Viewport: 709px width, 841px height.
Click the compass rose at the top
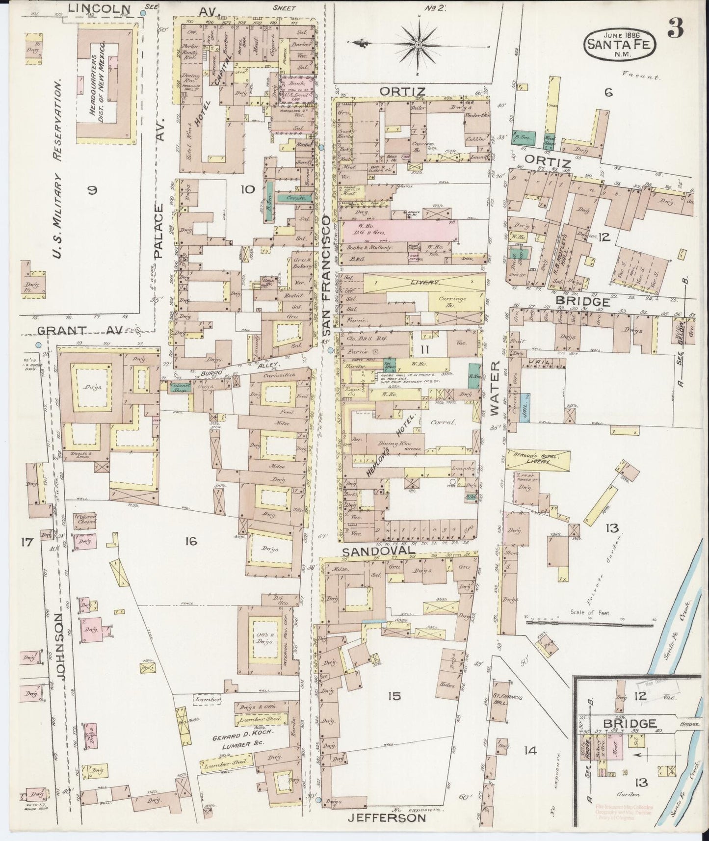pyautogui.click(x=418, y=44)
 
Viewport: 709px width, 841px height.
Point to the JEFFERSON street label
pyautogui.click(x=387, y=818)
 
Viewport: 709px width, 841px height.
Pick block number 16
pyautogui.click(x=190, y=541)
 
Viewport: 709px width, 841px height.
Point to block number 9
pyautogui.click(x=92, y=191)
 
